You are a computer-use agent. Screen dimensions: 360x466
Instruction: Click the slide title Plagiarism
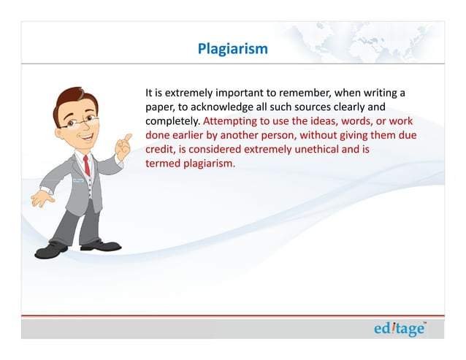[232, 49]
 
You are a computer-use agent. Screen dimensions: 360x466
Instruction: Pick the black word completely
[172, 121]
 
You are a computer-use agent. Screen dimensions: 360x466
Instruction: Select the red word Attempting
[232, 121]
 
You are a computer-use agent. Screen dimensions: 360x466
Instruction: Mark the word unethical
[317, 149]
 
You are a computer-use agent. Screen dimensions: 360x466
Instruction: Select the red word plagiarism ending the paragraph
[210, 163]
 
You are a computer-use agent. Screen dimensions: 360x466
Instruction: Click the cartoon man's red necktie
[86, 166]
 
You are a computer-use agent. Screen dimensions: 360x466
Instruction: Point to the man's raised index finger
[128, 137]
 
